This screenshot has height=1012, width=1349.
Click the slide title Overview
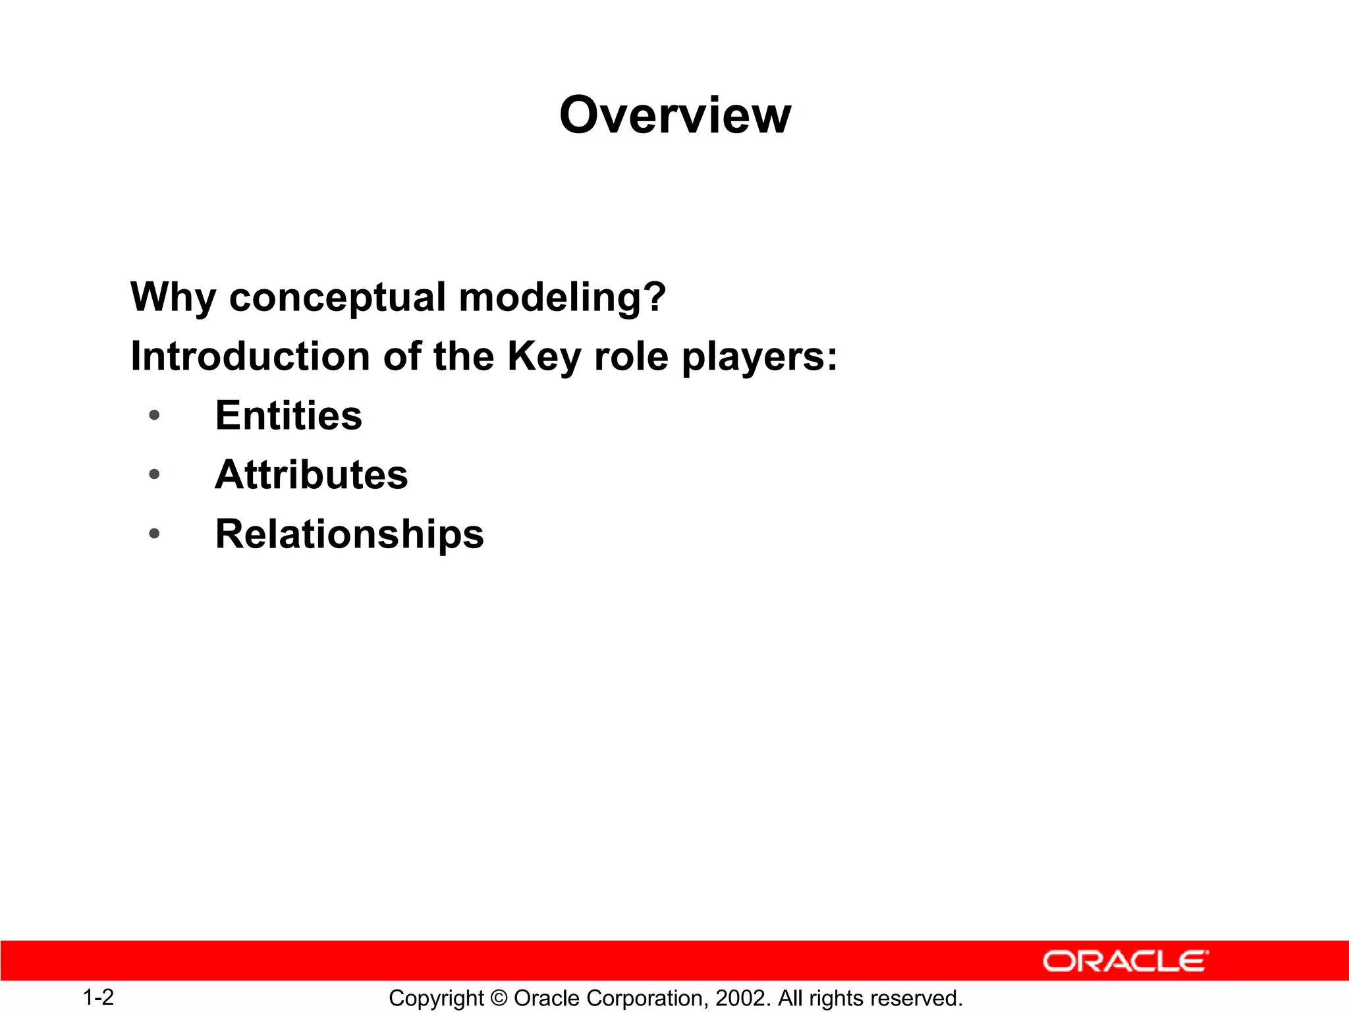pyautogui.click(x=674, y=115)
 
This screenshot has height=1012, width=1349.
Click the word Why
pyautogui.click(x=173, y=298)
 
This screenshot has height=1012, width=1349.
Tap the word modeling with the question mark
pyautogui.click(x=562, y=298)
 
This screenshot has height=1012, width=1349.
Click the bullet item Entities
pyautogui.click(x=289, y=416)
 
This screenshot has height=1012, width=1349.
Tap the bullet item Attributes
pyautogui.click(x=312, y=474)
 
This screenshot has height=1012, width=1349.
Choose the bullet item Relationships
pyautogui.click(x=349, y=534)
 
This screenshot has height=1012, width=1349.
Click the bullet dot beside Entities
pyautogui.click(x=154, y=415)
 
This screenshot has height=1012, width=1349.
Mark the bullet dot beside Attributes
pyautogui.click(x=154, y=474)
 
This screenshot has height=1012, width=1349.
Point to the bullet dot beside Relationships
pyautogui.click(x=154, y=533)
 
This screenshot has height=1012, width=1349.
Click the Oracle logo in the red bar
pyautogui.click(x=1125, y=961)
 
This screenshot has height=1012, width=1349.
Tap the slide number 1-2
pyautogui.click(x=98, y=998)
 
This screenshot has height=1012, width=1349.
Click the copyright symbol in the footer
pyautogui.click(x=499, y=998)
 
